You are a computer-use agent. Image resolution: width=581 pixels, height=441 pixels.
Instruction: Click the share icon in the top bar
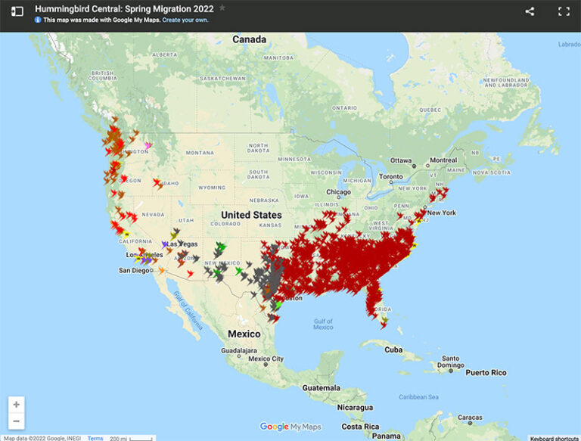(530, 11)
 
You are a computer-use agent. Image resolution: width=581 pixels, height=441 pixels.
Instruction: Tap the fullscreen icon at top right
(564, 11)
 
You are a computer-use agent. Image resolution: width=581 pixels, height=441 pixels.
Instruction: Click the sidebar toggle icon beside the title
(17, 11)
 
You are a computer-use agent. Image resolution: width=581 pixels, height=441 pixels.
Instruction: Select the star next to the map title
(222, 8)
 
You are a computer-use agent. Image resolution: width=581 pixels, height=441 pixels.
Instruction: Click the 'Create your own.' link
(185, 20)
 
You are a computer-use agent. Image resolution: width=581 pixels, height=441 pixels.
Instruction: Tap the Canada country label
(249, 39)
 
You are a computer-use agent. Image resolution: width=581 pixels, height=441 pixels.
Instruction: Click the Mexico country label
(244, 334)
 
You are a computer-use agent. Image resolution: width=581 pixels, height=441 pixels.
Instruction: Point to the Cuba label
(393, 349)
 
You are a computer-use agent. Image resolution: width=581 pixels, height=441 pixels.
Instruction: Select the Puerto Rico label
(486, 372)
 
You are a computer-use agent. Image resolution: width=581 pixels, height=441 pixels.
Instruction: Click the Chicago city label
(339, 192)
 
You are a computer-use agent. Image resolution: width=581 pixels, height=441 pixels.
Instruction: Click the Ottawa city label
(401, 160)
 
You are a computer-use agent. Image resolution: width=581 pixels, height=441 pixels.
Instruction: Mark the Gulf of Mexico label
(323, 324)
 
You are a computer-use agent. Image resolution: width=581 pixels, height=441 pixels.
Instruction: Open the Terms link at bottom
(95, 438)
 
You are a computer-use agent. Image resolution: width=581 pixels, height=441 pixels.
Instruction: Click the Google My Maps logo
(290, 427)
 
